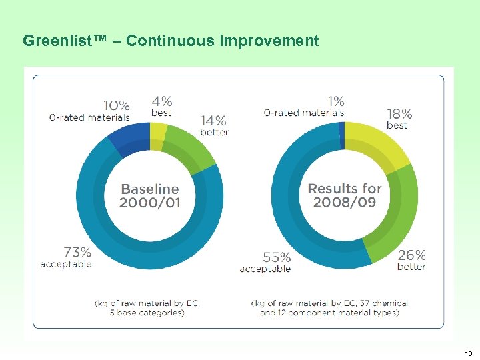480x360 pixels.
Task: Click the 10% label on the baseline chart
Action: [117, 107]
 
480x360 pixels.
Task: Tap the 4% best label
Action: [161, 106]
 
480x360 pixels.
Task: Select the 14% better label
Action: [214, 125]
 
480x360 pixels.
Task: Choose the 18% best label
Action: [399, 119]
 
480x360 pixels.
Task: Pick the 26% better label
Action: [411, 260]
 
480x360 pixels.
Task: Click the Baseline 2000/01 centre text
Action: [149, 196]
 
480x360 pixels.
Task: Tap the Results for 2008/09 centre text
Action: [345, 195]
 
